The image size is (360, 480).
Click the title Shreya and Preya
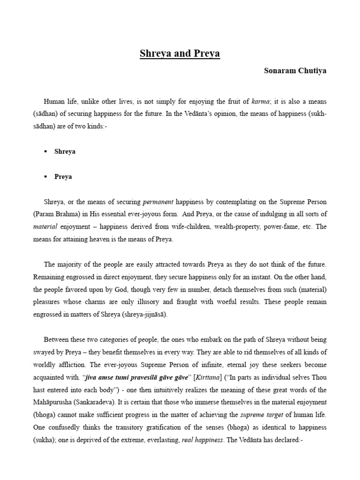tap(180, 53)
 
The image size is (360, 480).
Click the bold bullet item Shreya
tap(65, 152)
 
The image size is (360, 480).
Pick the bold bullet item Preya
tap(63, 177)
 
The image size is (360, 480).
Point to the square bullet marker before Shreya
tap(45, 152)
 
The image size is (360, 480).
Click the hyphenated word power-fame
tap(283, 227)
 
